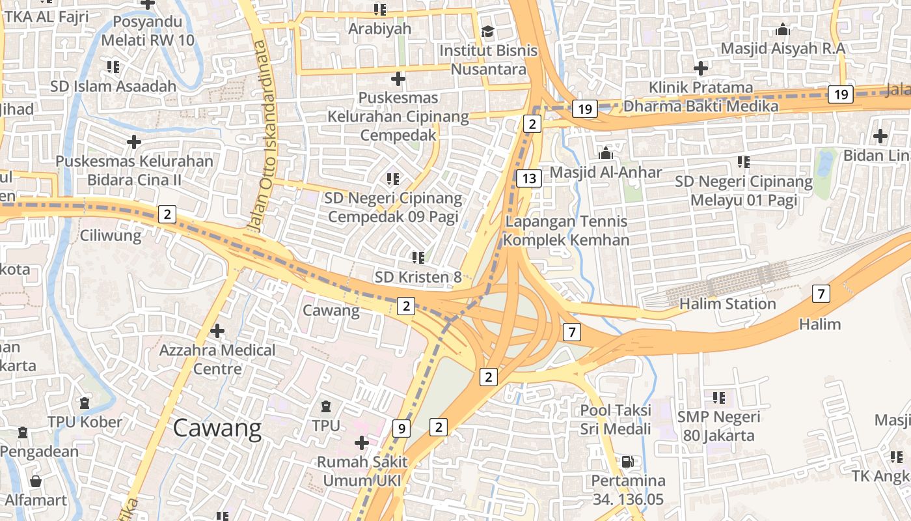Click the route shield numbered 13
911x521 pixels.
(529, 178)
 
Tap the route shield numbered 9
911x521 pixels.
(402, 429)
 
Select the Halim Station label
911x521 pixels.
(727, 304)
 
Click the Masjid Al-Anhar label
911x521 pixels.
(606, 173)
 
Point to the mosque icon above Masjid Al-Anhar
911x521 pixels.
(606, 154)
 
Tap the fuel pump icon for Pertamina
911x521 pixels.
(628, 462)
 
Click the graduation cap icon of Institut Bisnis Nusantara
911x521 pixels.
(487, 31)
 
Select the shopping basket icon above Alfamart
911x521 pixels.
(36, 481)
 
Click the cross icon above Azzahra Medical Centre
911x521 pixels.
(217, 331)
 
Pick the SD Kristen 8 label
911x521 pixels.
(418, 277)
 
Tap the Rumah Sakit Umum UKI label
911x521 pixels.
(362, 472)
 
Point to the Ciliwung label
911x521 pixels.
(111, 236)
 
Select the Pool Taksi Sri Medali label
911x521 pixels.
(616, 419)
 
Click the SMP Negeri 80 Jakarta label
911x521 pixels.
(718, 426)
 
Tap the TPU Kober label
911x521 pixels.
(85, 422)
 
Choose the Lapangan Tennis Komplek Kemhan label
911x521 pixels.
(566, 231)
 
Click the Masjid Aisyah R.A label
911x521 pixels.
(783, 49)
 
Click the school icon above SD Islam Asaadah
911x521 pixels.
(113, 67)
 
